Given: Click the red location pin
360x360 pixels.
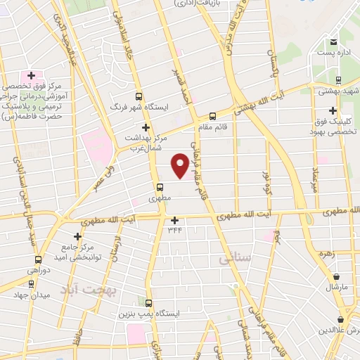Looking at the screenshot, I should (180, 166).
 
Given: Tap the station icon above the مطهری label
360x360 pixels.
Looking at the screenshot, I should (160, 188).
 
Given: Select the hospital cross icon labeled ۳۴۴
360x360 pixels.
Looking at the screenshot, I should (174, 220).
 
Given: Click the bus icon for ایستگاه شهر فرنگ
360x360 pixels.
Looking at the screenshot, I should (139, 98).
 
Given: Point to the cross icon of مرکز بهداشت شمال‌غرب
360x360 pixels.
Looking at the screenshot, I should (146, 127).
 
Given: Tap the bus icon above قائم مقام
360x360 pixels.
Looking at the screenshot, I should (213, 117).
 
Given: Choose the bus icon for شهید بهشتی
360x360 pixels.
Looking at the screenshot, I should (339, 80).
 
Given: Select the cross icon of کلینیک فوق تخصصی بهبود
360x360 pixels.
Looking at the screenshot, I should (332, 110).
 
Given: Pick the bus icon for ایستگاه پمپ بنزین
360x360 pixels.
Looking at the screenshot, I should (148, 300).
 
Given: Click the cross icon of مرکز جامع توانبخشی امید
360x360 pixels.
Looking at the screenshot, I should (77, 236).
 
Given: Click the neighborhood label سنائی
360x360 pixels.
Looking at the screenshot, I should (234, 259).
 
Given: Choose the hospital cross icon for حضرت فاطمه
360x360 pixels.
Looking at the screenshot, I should (31, 75).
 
